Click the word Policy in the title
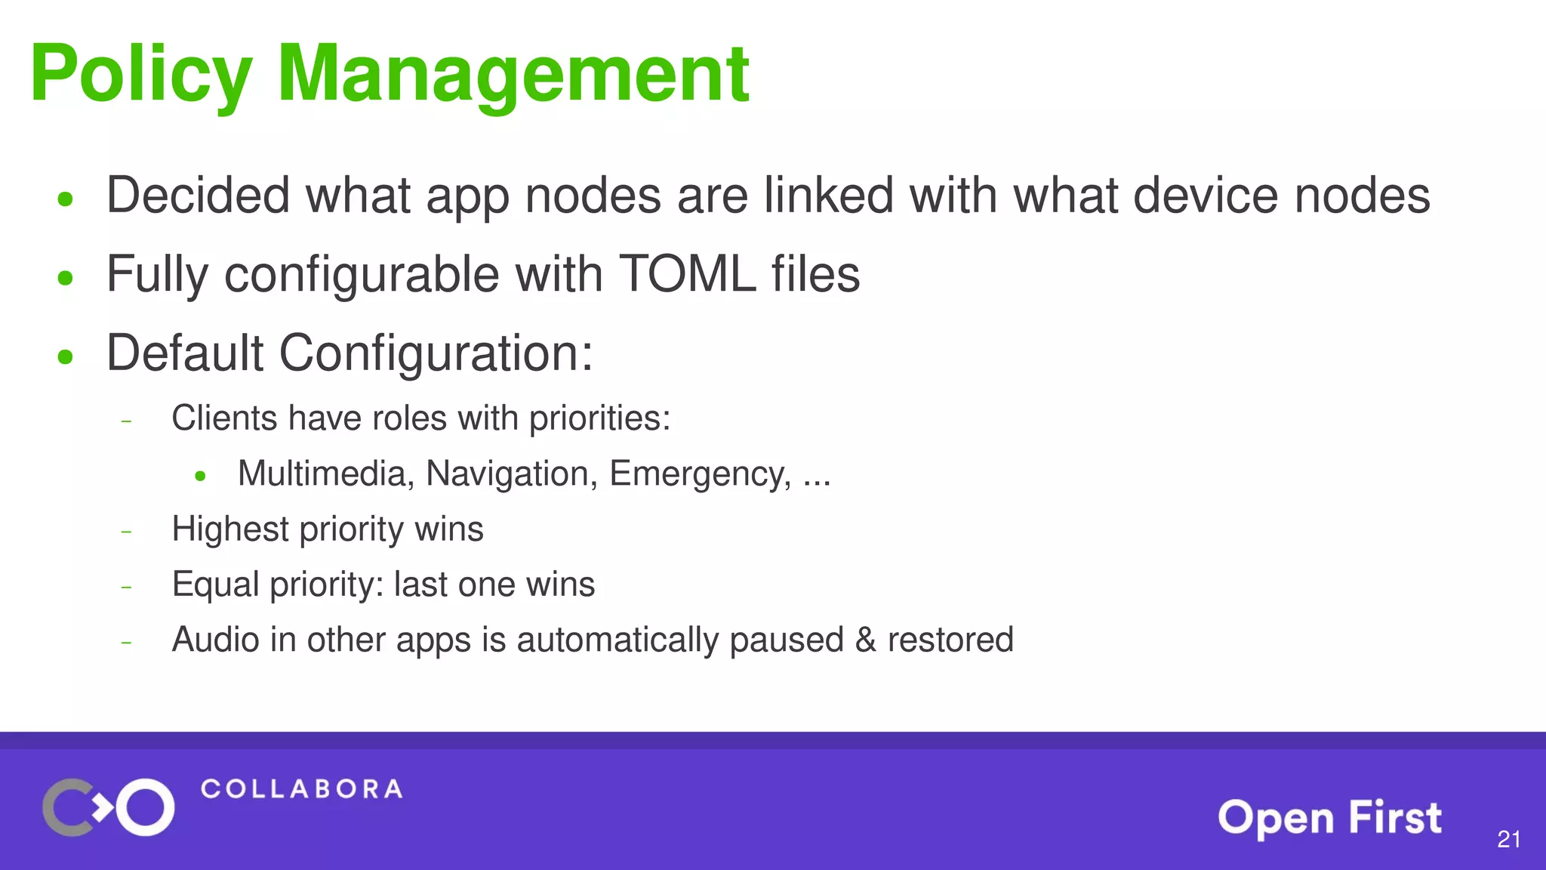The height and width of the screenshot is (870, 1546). (141, 74)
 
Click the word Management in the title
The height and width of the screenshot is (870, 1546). (513, 74)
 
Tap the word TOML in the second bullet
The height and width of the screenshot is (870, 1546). (687, 273)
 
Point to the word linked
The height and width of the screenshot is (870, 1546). (829, 195)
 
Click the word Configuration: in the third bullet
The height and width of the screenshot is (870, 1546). (436, 353)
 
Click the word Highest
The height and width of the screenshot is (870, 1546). (229, 529)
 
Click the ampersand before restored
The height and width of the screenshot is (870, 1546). (865, 640)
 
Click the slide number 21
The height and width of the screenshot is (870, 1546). (1508, 839)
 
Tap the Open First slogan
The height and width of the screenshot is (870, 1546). (1329, 818)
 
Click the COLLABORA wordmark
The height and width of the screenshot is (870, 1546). (301, 789)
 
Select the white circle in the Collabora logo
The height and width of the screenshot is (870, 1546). (145, 807)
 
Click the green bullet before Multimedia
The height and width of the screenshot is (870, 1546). (200, 476)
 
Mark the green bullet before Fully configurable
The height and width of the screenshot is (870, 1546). (66, 278)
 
